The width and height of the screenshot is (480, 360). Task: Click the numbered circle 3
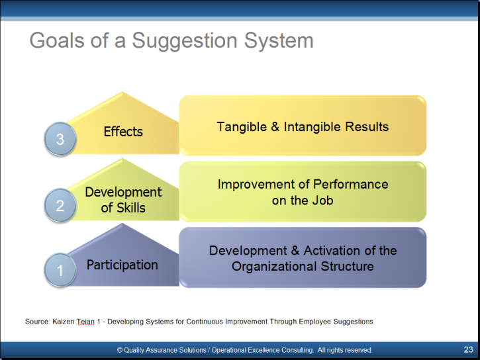(60, 139)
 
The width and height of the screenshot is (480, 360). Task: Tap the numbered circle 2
(60, 205)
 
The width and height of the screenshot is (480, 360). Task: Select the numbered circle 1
(60, 270)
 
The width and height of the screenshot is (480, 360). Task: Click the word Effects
(123, 132)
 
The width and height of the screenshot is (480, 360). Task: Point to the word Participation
(122, 265)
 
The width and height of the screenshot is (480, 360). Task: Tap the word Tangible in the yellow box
(242, 127)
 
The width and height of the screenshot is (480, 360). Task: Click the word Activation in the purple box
(332, 251)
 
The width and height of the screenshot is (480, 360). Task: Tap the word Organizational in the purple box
(274, 267)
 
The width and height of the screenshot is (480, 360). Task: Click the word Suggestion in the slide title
(185, 41)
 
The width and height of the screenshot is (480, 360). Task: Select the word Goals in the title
(57, 40)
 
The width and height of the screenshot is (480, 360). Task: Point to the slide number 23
(468, 349)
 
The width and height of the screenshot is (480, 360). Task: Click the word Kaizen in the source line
(64, 322)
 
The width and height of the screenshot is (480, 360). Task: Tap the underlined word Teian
(85, 322)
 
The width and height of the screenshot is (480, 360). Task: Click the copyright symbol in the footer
(120, 350)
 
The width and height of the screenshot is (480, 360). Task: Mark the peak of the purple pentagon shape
(122, 223)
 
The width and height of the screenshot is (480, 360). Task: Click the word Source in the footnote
(37, 322)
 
